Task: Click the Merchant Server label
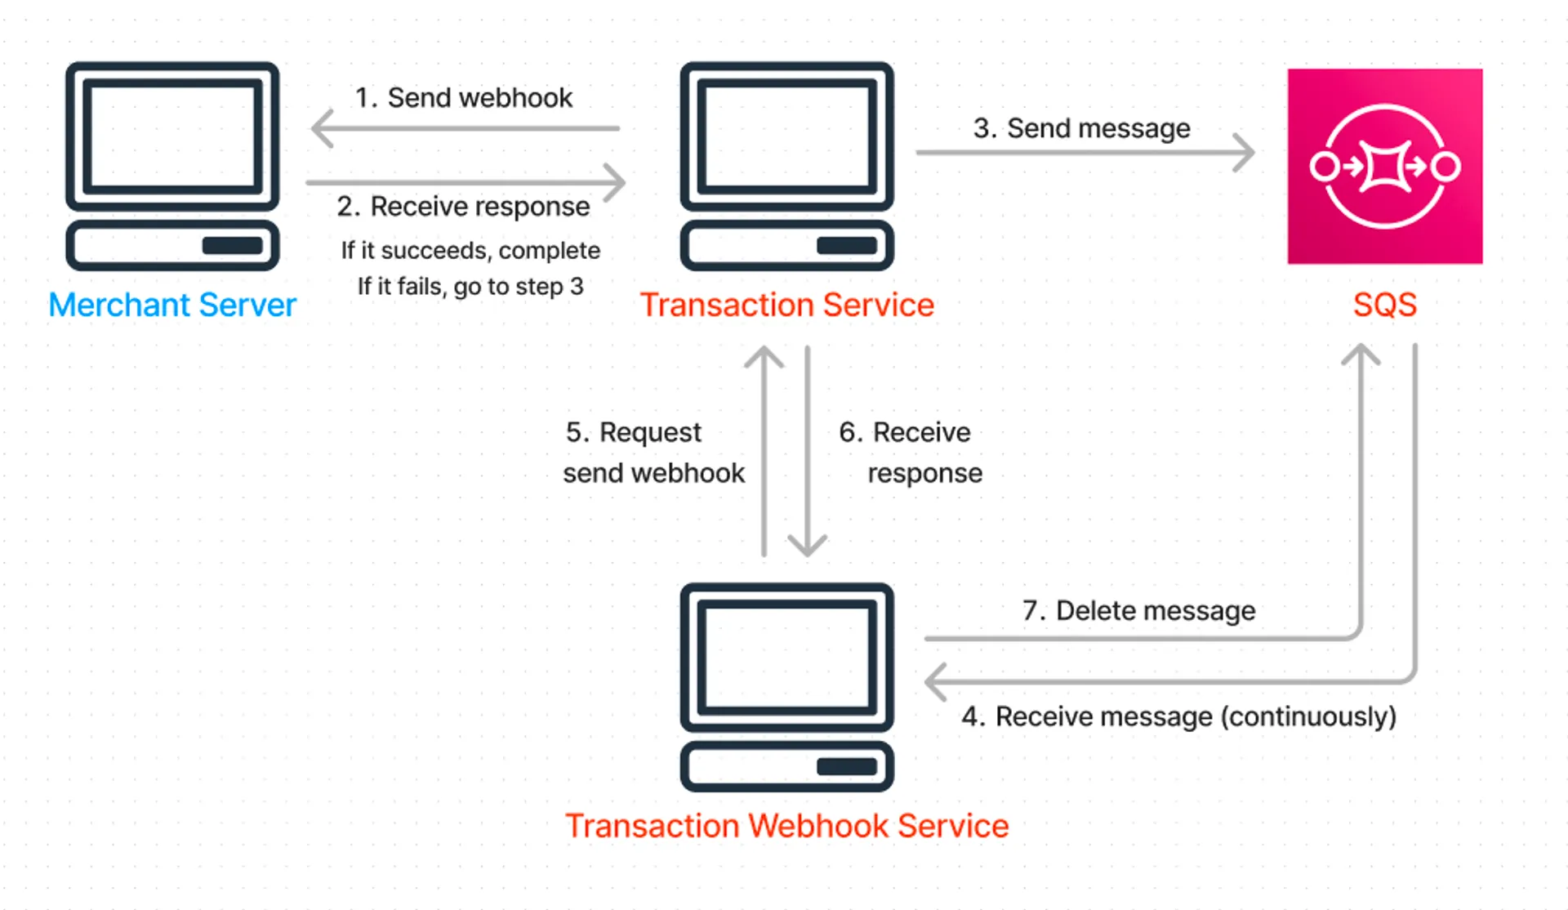[172, 305]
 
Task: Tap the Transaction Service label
[786, 305]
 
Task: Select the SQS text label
[1384, 305]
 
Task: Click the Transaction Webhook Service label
[786, 826]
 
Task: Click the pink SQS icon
[1385, 166]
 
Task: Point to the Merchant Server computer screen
[172, 136]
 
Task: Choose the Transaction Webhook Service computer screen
[786, 658]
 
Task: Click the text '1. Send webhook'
[463, 98]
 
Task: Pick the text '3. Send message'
[1081, 128]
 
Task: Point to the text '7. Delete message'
[1138, 610]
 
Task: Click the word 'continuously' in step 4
[1308, 716]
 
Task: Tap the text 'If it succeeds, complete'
[470, 250]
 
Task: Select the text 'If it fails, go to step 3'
[470, 286]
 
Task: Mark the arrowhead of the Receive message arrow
[933, 681]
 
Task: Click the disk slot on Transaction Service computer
[847, 246]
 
